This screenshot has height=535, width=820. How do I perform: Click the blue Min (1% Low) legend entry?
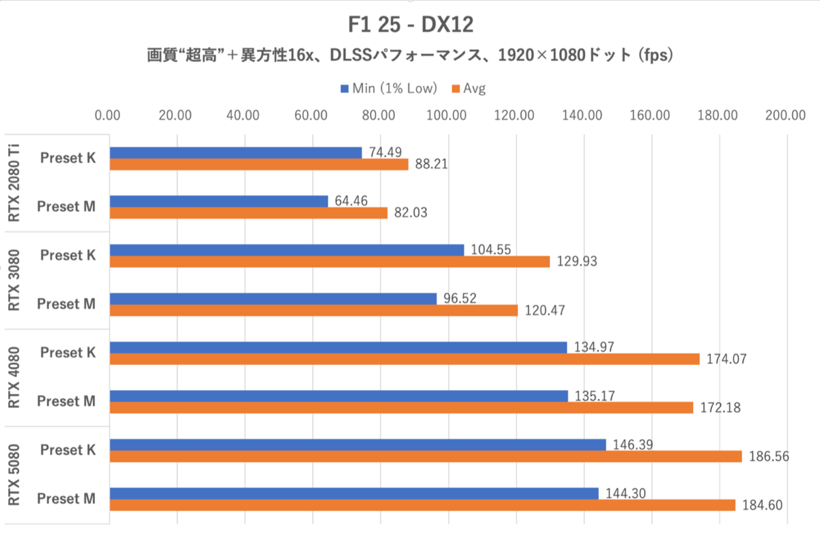386,88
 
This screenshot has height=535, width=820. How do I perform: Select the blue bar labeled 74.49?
236,152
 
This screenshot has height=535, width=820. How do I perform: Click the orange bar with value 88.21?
259,164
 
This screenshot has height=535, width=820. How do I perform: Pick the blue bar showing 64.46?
219,202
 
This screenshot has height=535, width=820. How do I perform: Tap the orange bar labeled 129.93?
329,261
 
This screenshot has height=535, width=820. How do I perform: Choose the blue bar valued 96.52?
273,299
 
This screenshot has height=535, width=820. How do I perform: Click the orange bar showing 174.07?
405,359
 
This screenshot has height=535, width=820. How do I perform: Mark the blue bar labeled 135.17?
338,396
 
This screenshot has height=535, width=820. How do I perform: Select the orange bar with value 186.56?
426,456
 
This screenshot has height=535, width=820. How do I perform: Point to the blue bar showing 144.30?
354,493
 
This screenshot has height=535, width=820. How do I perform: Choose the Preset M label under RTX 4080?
67,402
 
